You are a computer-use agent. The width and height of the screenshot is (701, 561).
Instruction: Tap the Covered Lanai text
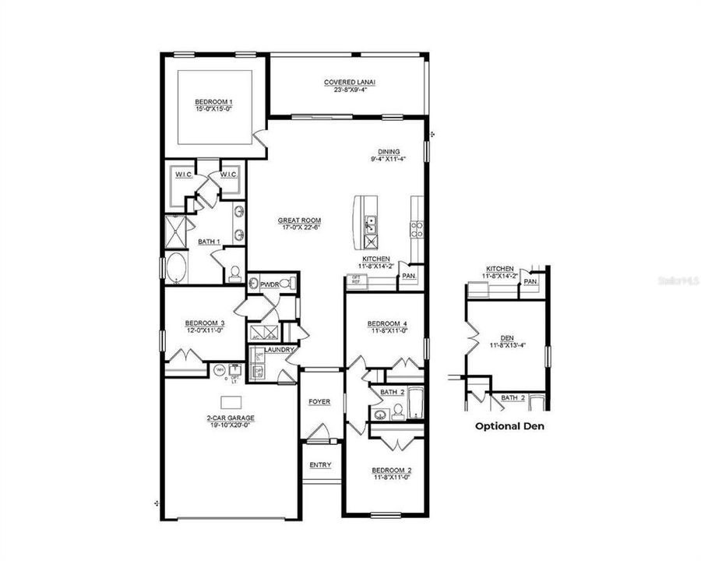coord(345,82)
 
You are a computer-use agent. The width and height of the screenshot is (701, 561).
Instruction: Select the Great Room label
coord(299,221)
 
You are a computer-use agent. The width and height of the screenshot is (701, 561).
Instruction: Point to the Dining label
coord(389,152)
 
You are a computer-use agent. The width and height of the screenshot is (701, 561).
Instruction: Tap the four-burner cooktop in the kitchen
coord(417,228)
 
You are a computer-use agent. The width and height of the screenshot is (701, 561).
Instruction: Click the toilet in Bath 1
coord(234,273)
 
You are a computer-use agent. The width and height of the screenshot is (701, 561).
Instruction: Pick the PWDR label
coord(270,284)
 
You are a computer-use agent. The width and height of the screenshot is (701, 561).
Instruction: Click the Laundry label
coord(278,350)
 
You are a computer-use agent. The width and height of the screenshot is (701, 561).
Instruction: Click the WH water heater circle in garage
coord(220,370)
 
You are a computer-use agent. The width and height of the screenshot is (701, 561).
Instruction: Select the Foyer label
coord(319,402)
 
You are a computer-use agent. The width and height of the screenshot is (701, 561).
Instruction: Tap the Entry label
coord(319,465)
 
